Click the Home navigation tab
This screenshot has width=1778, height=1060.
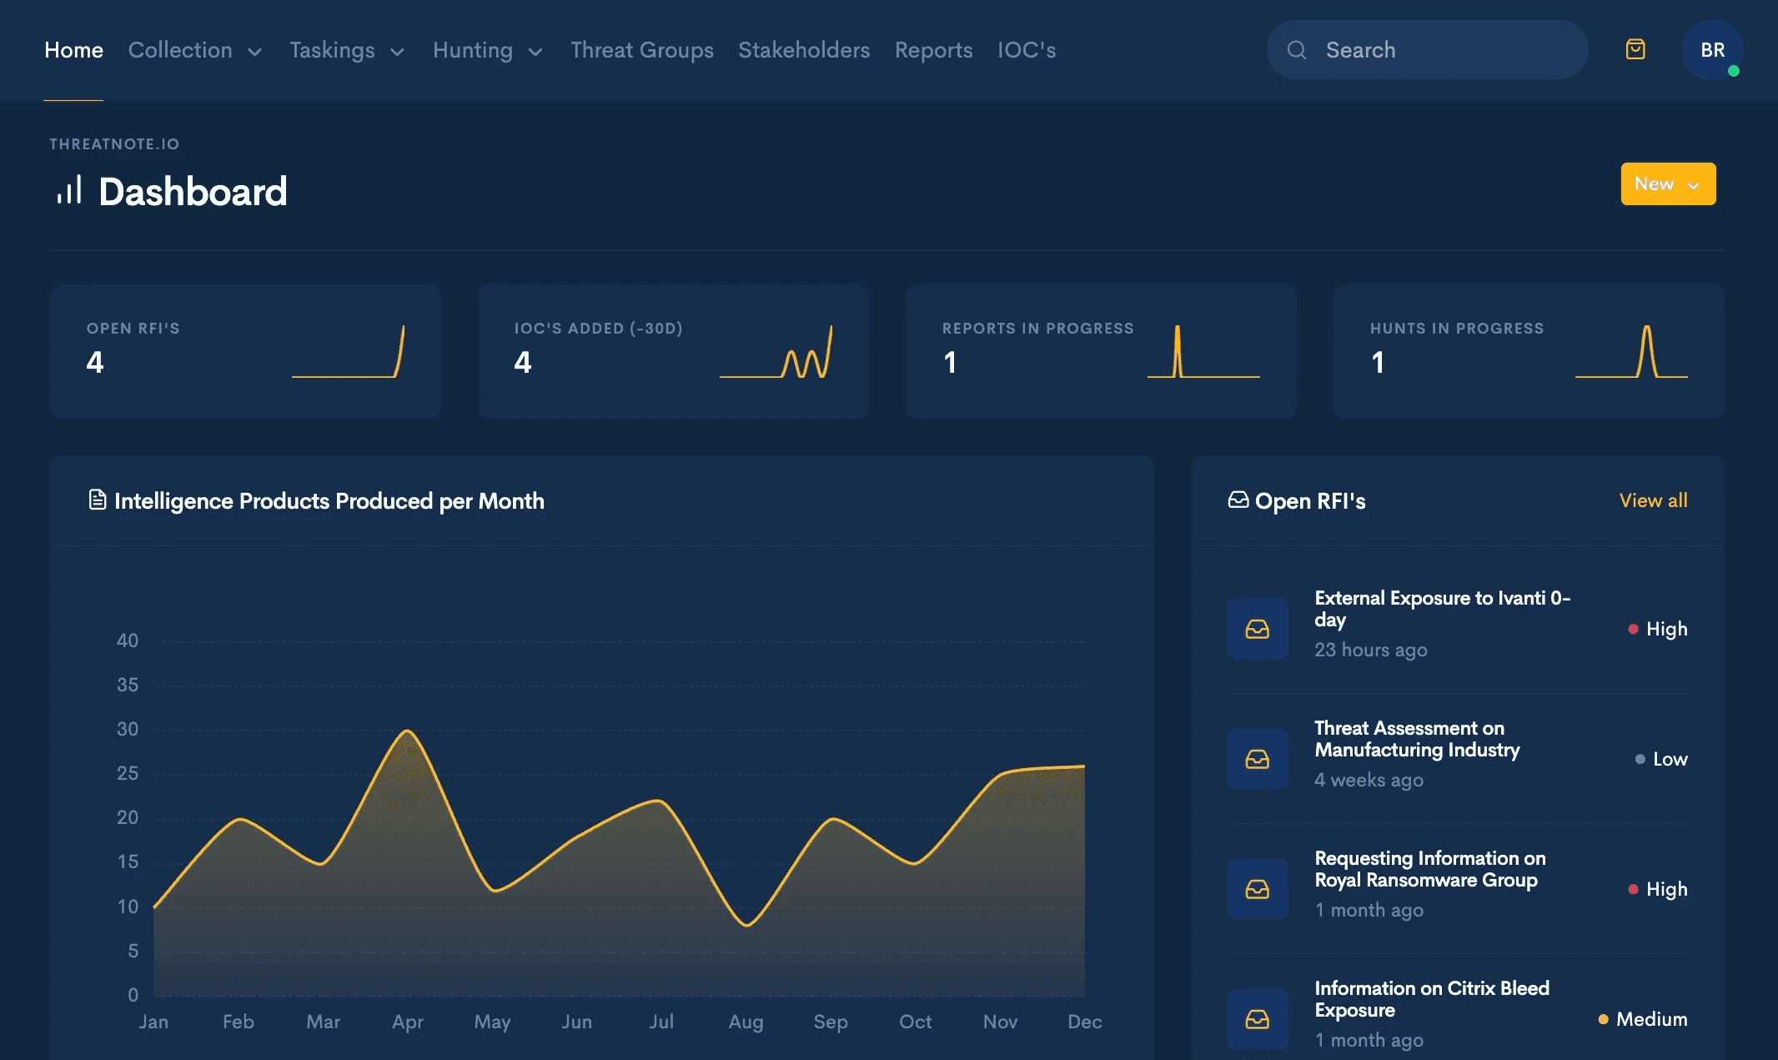tap(73, 50)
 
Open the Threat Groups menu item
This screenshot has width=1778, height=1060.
tap(642, 50)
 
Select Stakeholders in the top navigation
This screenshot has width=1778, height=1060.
tap(804, 50)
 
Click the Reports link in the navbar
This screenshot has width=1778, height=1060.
tap(933, 50)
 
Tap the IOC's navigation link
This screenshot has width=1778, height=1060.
tap(1027, 50)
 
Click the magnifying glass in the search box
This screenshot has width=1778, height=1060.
tap(1297, 50)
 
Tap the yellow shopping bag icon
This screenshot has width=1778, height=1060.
tap(1635, 49)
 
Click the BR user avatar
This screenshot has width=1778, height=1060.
tap(1712, 50)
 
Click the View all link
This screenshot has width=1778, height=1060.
tap(1653, 500)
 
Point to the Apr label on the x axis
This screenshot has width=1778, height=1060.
tap(408, 1022)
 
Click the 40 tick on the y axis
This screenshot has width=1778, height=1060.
tap(128, 641)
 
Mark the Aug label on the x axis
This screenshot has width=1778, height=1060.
tap(746, 1022)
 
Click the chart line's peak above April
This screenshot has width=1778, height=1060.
tap(407, 731)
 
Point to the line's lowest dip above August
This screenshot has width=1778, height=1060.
tap(747, 925)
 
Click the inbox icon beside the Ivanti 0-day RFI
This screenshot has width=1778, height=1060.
tap(1257, 629)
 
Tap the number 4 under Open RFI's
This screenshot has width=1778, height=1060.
tap(95, 362)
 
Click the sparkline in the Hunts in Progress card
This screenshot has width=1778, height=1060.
tap(1631, 351)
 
